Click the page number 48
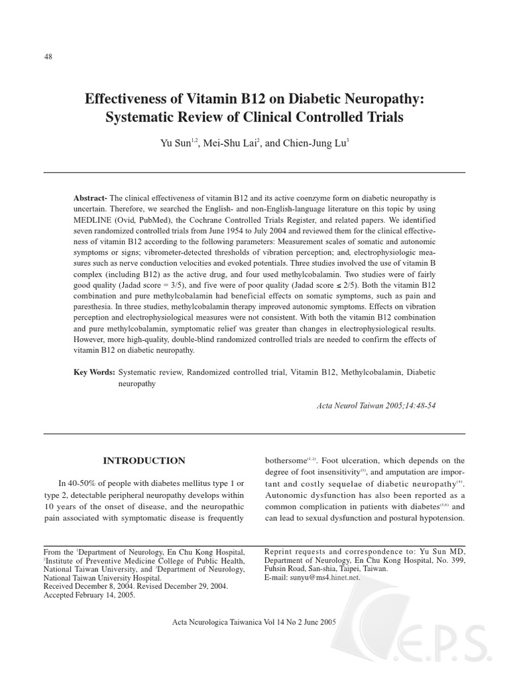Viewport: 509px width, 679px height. [x=48, y=57]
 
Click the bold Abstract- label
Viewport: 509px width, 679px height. [x=90, y=199]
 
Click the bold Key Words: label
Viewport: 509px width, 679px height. [x=94, y=373]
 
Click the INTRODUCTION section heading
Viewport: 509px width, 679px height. [x=144, y=461]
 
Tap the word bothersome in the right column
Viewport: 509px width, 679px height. [x=286, y=460]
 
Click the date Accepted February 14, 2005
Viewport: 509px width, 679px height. [x=89, y=595]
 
